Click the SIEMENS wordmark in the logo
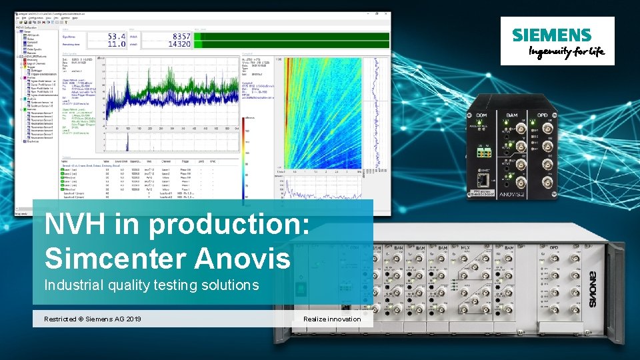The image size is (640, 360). tap(551, 35)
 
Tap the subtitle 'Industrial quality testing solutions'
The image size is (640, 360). tap(151, 285)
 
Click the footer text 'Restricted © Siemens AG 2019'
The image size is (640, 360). tap(93, 319)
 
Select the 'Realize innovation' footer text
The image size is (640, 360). tap(332, 319)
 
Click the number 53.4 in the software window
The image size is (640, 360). tap(117, 36)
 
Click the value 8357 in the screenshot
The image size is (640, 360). tap(181, 36)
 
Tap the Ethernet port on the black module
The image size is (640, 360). tap(485, 174)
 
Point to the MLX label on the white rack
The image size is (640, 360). tap(465, 247)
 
